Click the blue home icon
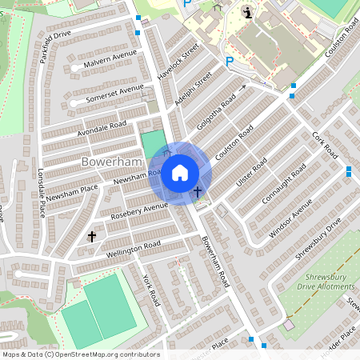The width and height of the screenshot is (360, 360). (180, 172)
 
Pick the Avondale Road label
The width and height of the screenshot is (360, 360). (102, 126)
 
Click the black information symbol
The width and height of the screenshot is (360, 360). (248, 12)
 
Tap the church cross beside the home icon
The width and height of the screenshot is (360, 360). (198, 192)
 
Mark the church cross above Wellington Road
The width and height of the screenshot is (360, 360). (92, 237)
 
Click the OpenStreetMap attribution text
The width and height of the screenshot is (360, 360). (80, 354)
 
